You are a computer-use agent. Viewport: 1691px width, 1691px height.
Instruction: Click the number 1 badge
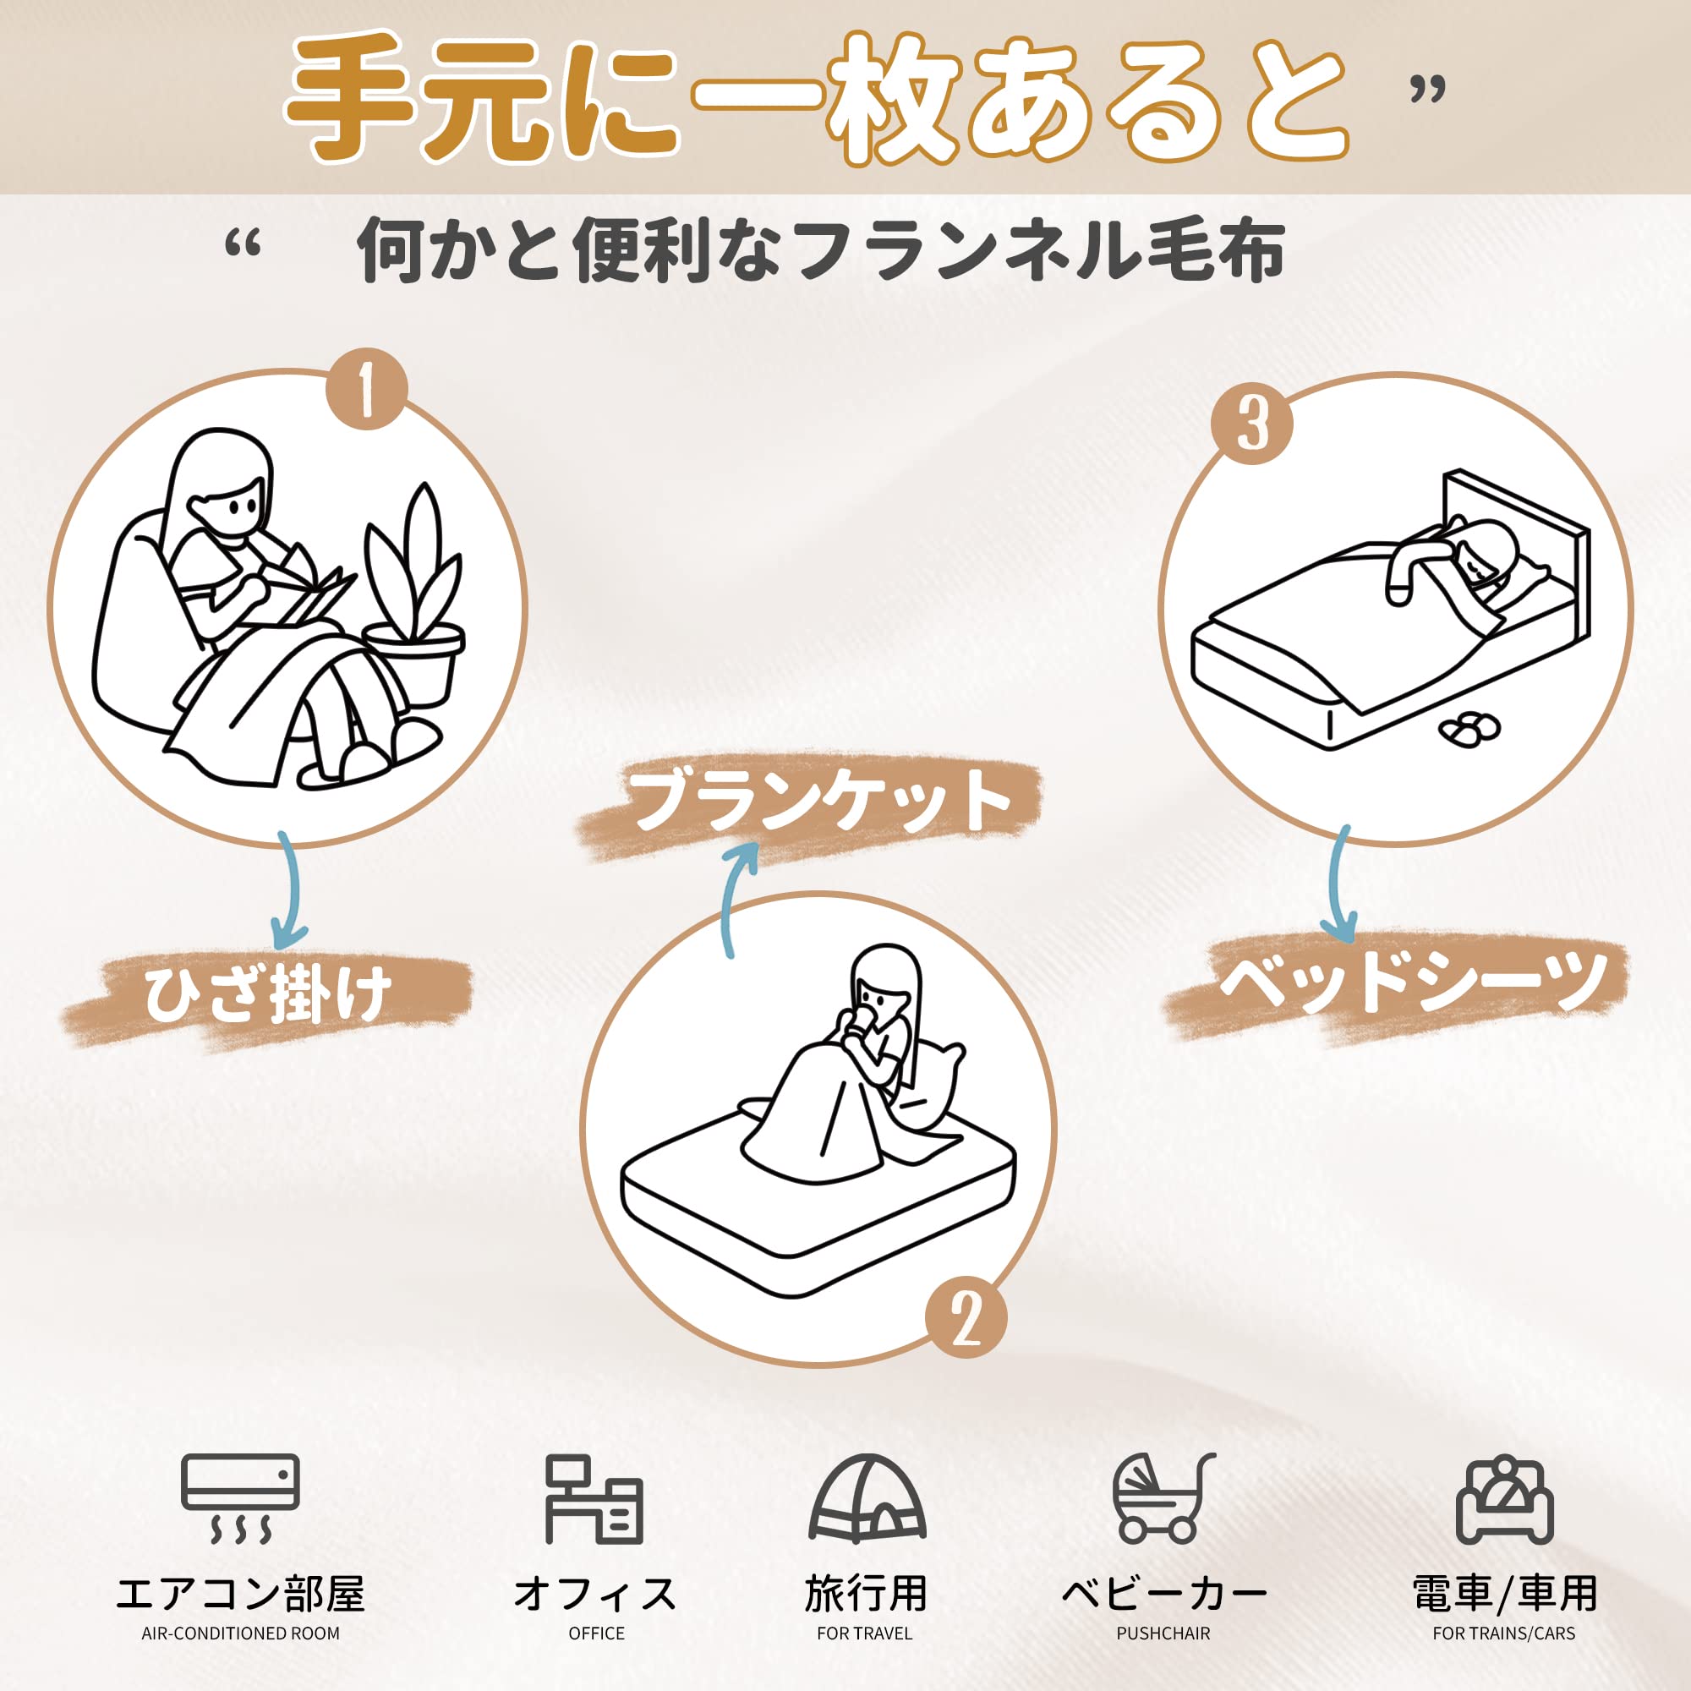(x=367, y=390)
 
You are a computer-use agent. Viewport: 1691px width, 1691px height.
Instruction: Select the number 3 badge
(x=1251, y=424)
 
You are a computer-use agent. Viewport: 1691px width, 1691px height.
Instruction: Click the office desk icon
(x=594, y=1498)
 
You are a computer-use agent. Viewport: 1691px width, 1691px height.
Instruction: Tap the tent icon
(x=867, y=1498)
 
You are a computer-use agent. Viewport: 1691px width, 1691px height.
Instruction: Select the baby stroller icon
(x=1164, y=1498)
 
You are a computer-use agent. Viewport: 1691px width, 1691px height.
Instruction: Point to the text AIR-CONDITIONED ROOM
(x=241, y=1633)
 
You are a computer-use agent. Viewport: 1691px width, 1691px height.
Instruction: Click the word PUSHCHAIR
(x=1163, y=1633)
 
